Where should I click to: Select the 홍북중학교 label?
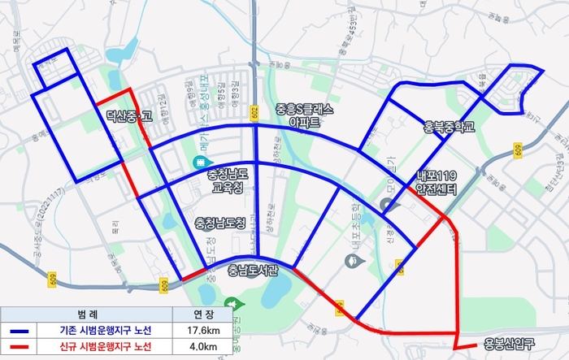(x=450, y=128)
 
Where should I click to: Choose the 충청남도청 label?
(x=220, y=223)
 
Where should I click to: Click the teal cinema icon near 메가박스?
(x=198, y=163)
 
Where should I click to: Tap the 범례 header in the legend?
(x=85, y=314)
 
